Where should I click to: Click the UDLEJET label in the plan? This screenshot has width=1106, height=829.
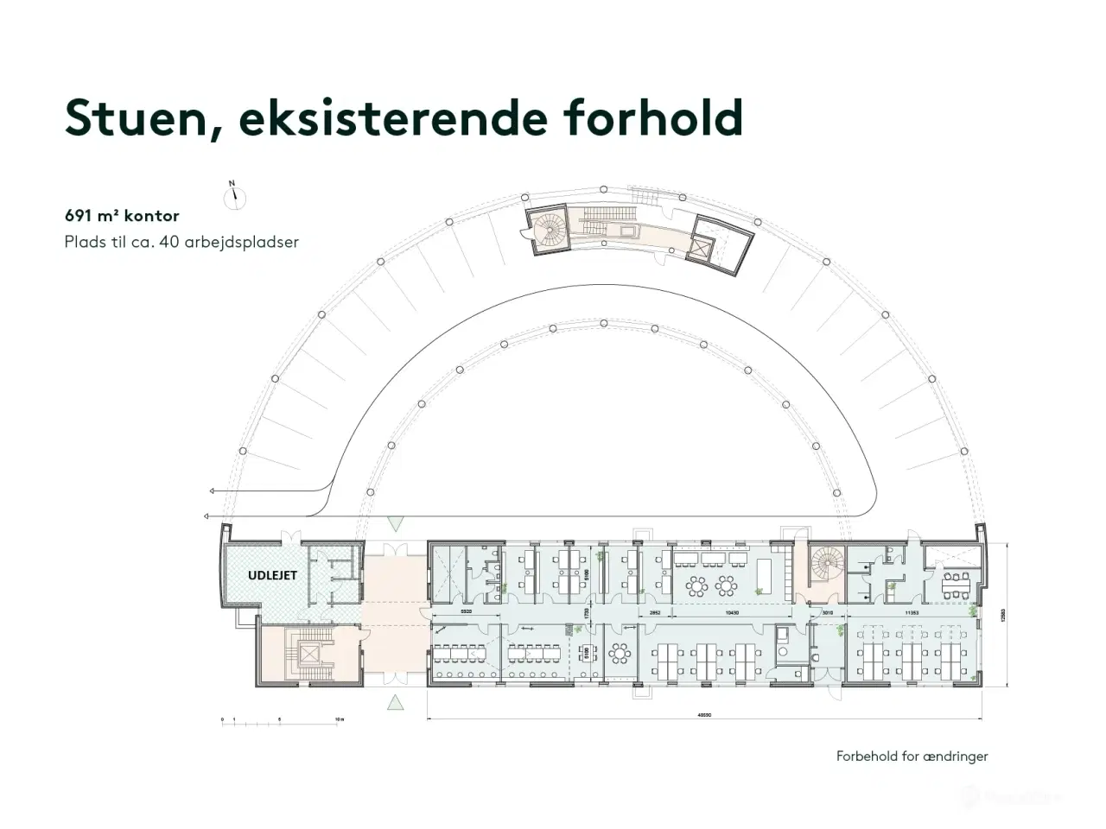(272, 575)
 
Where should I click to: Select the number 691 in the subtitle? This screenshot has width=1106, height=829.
(79, 216)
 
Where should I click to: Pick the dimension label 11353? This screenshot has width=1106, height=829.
(912, 612)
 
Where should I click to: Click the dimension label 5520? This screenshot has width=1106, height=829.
(466, 612)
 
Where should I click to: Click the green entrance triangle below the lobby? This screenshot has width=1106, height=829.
(395, 701)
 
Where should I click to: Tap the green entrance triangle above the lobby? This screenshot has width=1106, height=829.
(395, 522)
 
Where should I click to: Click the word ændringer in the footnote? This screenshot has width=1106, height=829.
(955, 756)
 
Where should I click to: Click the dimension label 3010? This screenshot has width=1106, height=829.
(827, 612)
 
